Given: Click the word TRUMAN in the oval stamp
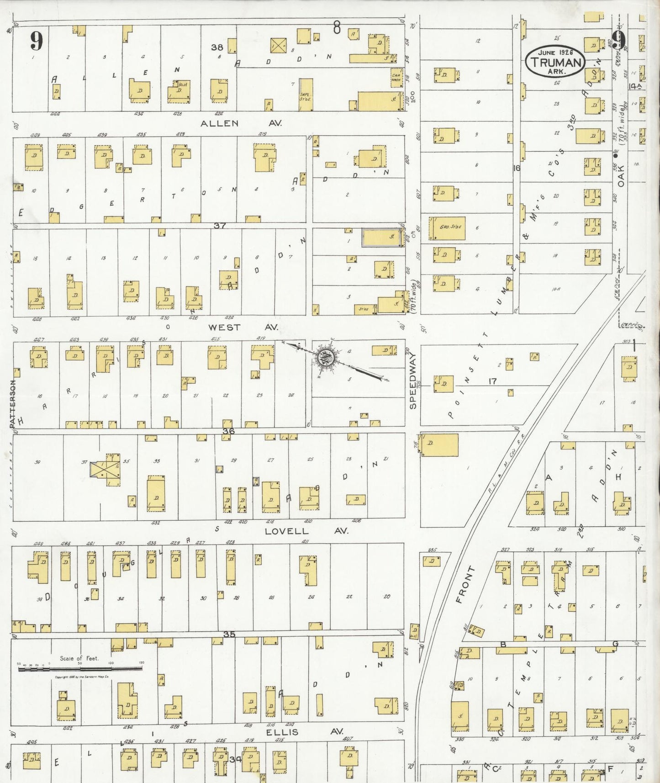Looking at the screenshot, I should tap(555, 63).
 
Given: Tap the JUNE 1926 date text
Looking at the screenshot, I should tap(556, 53).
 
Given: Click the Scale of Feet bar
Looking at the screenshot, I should tap(80, 669).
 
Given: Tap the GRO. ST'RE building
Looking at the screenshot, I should tap(447, 228).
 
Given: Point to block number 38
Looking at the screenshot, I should tap(217, 47).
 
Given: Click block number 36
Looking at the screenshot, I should tap(228, 431).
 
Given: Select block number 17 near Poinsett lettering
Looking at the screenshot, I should tap(492, 381).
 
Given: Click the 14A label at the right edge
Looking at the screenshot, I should tap(635, 86).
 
